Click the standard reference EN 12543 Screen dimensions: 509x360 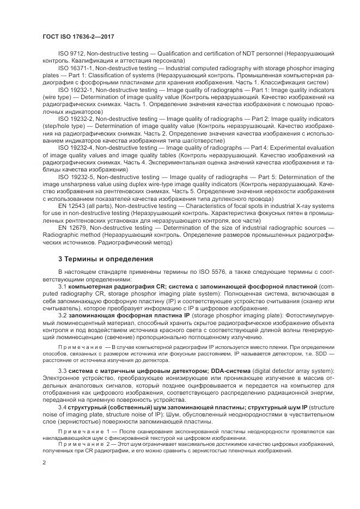(x=71, y=220)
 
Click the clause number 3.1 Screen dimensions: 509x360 (x=62, y=286)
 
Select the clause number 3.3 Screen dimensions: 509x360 (x=62, y=371)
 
